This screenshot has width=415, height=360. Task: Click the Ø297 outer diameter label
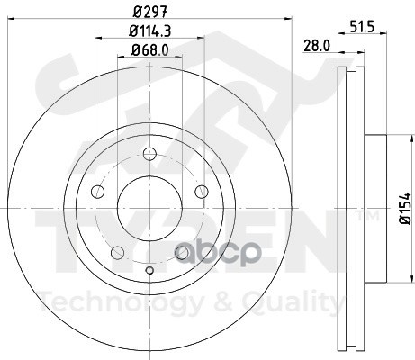(x=149, y=12)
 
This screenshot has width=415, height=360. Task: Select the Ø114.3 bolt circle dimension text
(x=149, y=31)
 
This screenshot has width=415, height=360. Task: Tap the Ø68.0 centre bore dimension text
(x=149, y=49)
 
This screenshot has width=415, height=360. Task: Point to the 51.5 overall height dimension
(x=362, y=27)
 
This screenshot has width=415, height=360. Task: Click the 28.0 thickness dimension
(x=317, y=46)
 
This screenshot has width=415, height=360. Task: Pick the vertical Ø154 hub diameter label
(x=405, y=208)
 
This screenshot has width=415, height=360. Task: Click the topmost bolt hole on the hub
(x=149, y=154)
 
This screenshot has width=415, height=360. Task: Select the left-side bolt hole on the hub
(x=97, y=192)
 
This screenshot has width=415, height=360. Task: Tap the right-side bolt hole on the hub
(x=202, y=192)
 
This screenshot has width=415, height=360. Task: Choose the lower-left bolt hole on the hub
(x=117, y=253)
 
